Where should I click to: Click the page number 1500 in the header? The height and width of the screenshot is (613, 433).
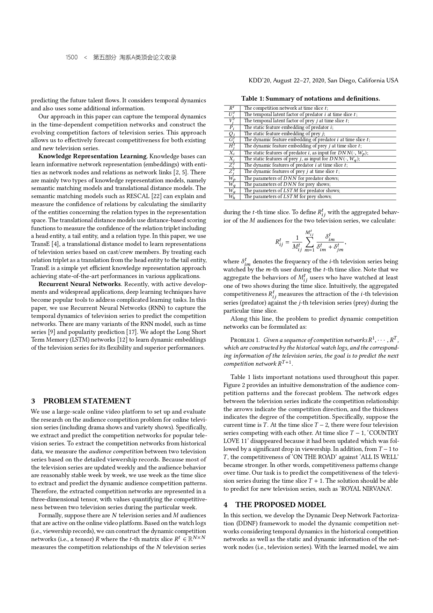coord(72,57)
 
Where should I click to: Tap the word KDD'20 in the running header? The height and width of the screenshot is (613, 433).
coord(259,81)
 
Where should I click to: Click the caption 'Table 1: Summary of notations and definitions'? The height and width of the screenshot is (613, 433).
coord(310,98)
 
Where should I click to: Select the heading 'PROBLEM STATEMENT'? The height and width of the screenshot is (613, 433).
coord(87,401)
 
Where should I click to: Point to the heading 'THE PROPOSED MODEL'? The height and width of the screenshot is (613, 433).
coord(280,505)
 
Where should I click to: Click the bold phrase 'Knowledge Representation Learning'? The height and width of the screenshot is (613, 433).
coord(92,156)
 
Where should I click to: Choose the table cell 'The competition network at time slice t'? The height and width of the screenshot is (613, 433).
coord(286,108)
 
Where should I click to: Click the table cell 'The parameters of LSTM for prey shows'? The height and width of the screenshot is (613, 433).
coord(287,197)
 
